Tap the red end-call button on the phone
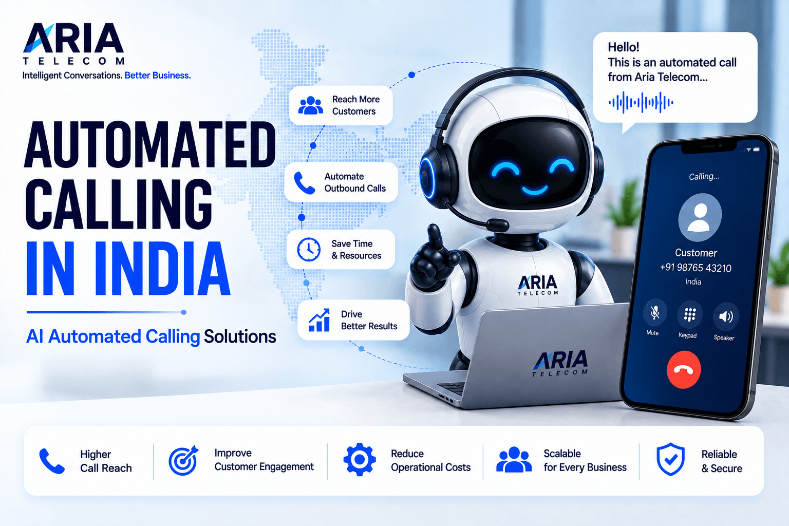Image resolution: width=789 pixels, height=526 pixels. pos(683,369)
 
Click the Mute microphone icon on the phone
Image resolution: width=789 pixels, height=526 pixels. pos(655,312)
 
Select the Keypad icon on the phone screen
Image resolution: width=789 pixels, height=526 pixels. pos(690,314)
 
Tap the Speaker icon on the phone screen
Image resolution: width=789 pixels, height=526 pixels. pos(726,316)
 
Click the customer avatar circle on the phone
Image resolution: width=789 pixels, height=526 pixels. pos(700,217)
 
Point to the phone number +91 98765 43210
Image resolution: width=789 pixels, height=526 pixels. pos(696,268)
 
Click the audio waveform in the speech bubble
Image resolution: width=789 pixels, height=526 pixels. pos(641,103)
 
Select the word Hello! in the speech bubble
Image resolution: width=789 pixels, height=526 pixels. pos(624,47)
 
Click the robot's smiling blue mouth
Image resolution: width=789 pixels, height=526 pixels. pos(534,191)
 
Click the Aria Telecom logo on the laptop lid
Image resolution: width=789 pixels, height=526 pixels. pos(560,363)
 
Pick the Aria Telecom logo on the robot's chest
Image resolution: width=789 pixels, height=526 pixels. pos(537,285)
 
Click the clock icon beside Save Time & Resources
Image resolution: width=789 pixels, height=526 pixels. pos(309,250)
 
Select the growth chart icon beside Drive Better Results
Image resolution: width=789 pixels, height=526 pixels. pos(319,320)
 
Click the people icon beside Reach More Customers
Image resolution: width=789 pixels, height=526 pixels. pos(310,105)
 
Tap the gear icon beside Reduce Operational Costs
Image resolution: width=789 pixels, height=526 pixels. pos(359,459)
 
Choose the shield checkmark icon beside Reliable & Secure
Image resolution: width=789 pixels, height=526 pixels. pos(671,459)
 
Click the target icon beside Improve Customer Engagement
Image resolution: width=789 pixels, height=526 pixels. pos(183,460)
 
